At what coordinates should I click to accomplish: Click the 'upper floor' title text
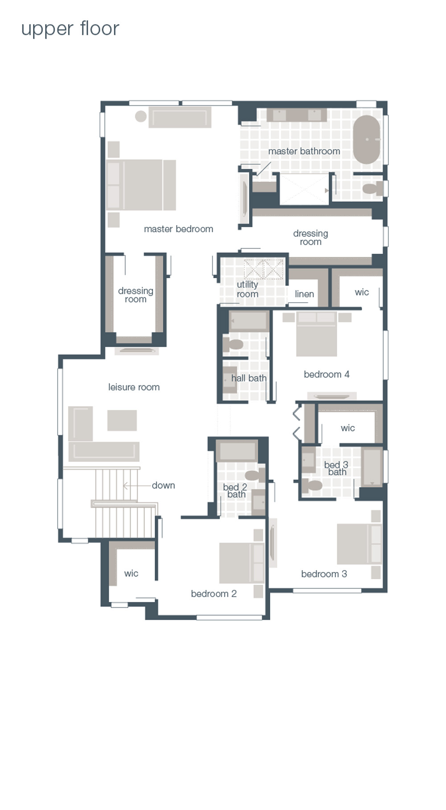70,29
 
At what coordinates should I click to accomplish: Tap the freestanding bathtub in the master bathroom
367,139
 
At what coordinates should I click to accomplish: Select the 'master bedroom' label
178,229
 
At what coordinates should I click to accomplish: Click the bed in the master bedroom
141,185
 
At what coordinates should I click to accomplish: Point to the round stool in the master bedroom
141,116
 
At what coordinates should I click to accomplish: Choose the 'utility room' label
248,289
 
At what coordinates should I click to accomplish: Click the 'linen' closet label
304,294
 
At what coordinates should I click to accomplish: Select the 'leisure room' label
134,387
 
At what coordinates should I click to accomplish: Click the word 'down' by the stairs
163,485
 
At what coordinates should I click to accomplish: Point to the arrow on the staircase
126,485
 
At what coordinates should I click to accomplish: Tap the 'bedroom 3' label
324,574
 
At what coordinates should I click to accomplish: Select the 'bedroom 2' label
214,593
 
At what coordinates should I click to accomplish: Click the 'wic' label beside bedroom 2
131,573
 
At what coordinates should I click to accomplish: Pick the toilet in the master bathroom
372,188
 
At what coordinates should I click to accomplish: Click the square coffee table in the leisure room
122,420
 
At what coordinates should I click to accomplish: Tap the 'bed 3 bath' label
336,468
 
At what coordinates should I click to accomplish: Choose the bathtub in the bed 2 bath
237,451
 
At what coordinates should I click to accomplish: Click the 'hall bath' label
248,378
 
